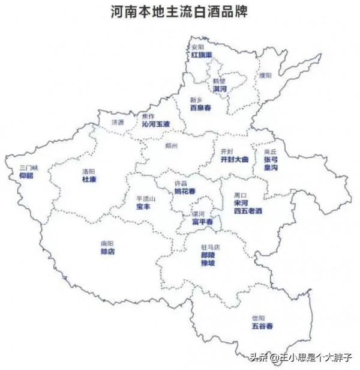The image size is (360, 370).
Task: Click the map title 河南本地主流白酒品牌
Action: coord(179,11)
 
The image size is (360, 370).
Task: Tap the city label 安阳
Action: coord(199,47)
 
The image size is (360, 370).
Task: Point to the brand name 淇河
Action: coord(220,89)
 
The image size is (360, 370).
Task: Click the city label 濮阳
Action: coord(265,75)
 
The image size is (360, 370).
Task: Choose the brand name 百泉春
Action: coord(200,108)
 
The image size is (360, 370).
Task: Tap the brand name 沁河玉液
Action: coord(155,124)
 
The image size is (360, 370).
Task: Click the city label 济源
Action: coord(118,123)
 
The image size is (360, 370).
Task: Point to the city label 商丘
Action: coord(270,153)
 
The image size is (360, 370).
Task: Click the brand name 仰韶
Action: coord(26,176)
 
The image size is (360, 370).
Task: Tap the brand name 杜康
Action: coord(89,179)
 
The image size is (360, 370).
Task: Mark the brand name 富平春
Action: coord(202,222)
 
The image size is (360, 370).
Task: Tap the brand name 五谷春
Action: coord(262,326)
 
